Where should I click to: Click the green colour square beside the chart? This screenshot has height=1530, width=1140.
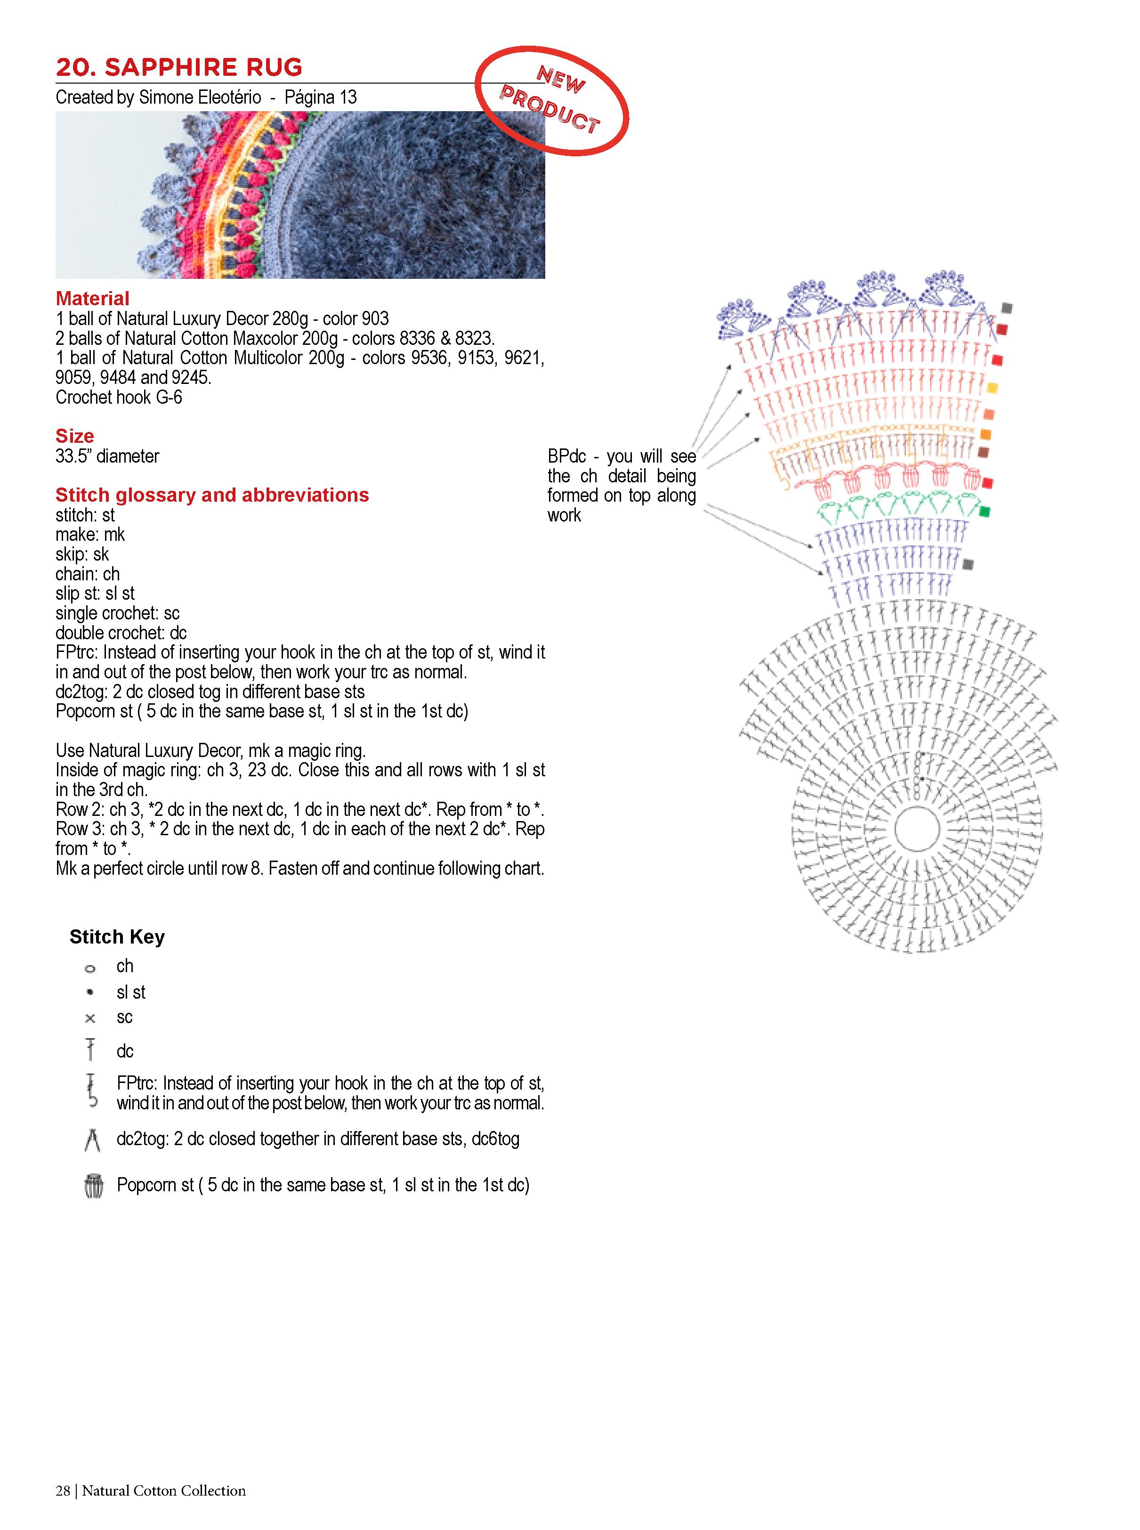(x=985, y=512)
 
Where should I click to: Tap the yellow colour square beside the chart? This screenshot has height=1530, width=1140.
(x=992, y=388)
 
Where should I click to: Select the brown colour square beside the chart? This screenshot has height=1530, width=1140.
(x=983, y=452)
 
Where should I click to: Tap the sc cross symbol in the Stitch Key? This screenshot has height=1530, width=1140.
(x=90, y=1018)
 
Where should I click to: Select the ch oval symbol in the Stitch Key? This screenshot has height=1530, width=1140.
(x=90, y=968)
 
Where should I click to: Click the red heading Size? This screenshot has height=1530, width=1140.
(x=74, y=436)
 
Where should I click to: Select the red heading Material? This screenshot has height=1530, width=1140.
(x=92, y=299)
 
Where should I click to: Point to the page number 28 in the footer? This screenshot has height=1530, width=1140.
(x=63, y=1510)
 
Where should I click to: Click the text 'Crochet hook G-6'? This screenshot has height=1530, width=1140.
(x=119, y=398)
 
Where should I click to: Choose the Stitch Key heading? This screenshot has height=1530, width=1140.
(x=117, y=937)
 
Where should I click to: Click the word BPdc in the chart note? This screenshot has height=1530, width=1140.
(x=566, y=456)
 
